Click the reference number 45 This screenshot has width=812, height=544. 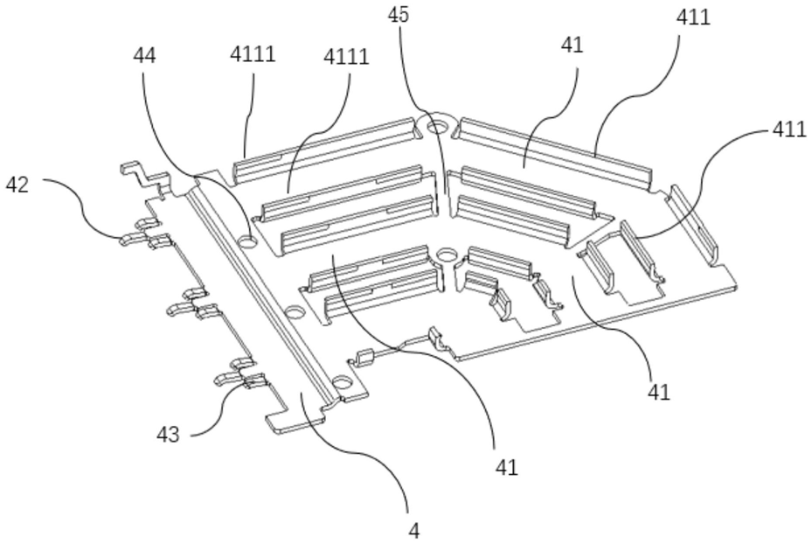(x=399, y=15)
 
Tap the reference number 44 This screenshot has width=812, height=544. (x=144, y=55)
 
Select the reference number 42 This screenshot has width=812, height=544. (x=17, y=185)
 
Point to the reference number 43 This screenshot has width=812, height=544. (x=169, y=434)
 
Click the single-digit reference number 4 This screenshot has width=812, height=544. (x=413, y=531)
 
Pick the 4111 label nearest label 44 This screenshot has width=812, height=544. (x=253, y=53)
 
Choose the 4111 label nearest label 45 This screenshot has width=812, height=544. (x=346, y=57)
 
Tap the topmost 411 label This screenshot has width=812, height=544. (x=693, y=17)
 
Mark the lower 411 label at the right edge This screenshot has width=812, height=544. (x=789, y=129)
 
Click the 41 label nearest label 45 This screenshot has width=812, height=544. (x=573, y=45)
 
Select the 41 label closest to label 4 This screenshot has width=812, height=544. (x=506, y=467)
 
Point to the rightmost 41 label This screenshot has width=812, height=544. (x=659, y=392)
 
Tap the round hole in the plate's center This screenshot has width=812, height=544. (x=447, y=255)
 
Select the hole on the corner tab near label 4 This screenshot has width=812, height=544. (x=342, y=383)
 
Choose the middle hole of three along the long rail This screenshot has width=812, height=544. (x=295, y=312)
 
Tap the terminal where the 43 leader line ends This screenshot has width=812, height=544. (x=256, y=382)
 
